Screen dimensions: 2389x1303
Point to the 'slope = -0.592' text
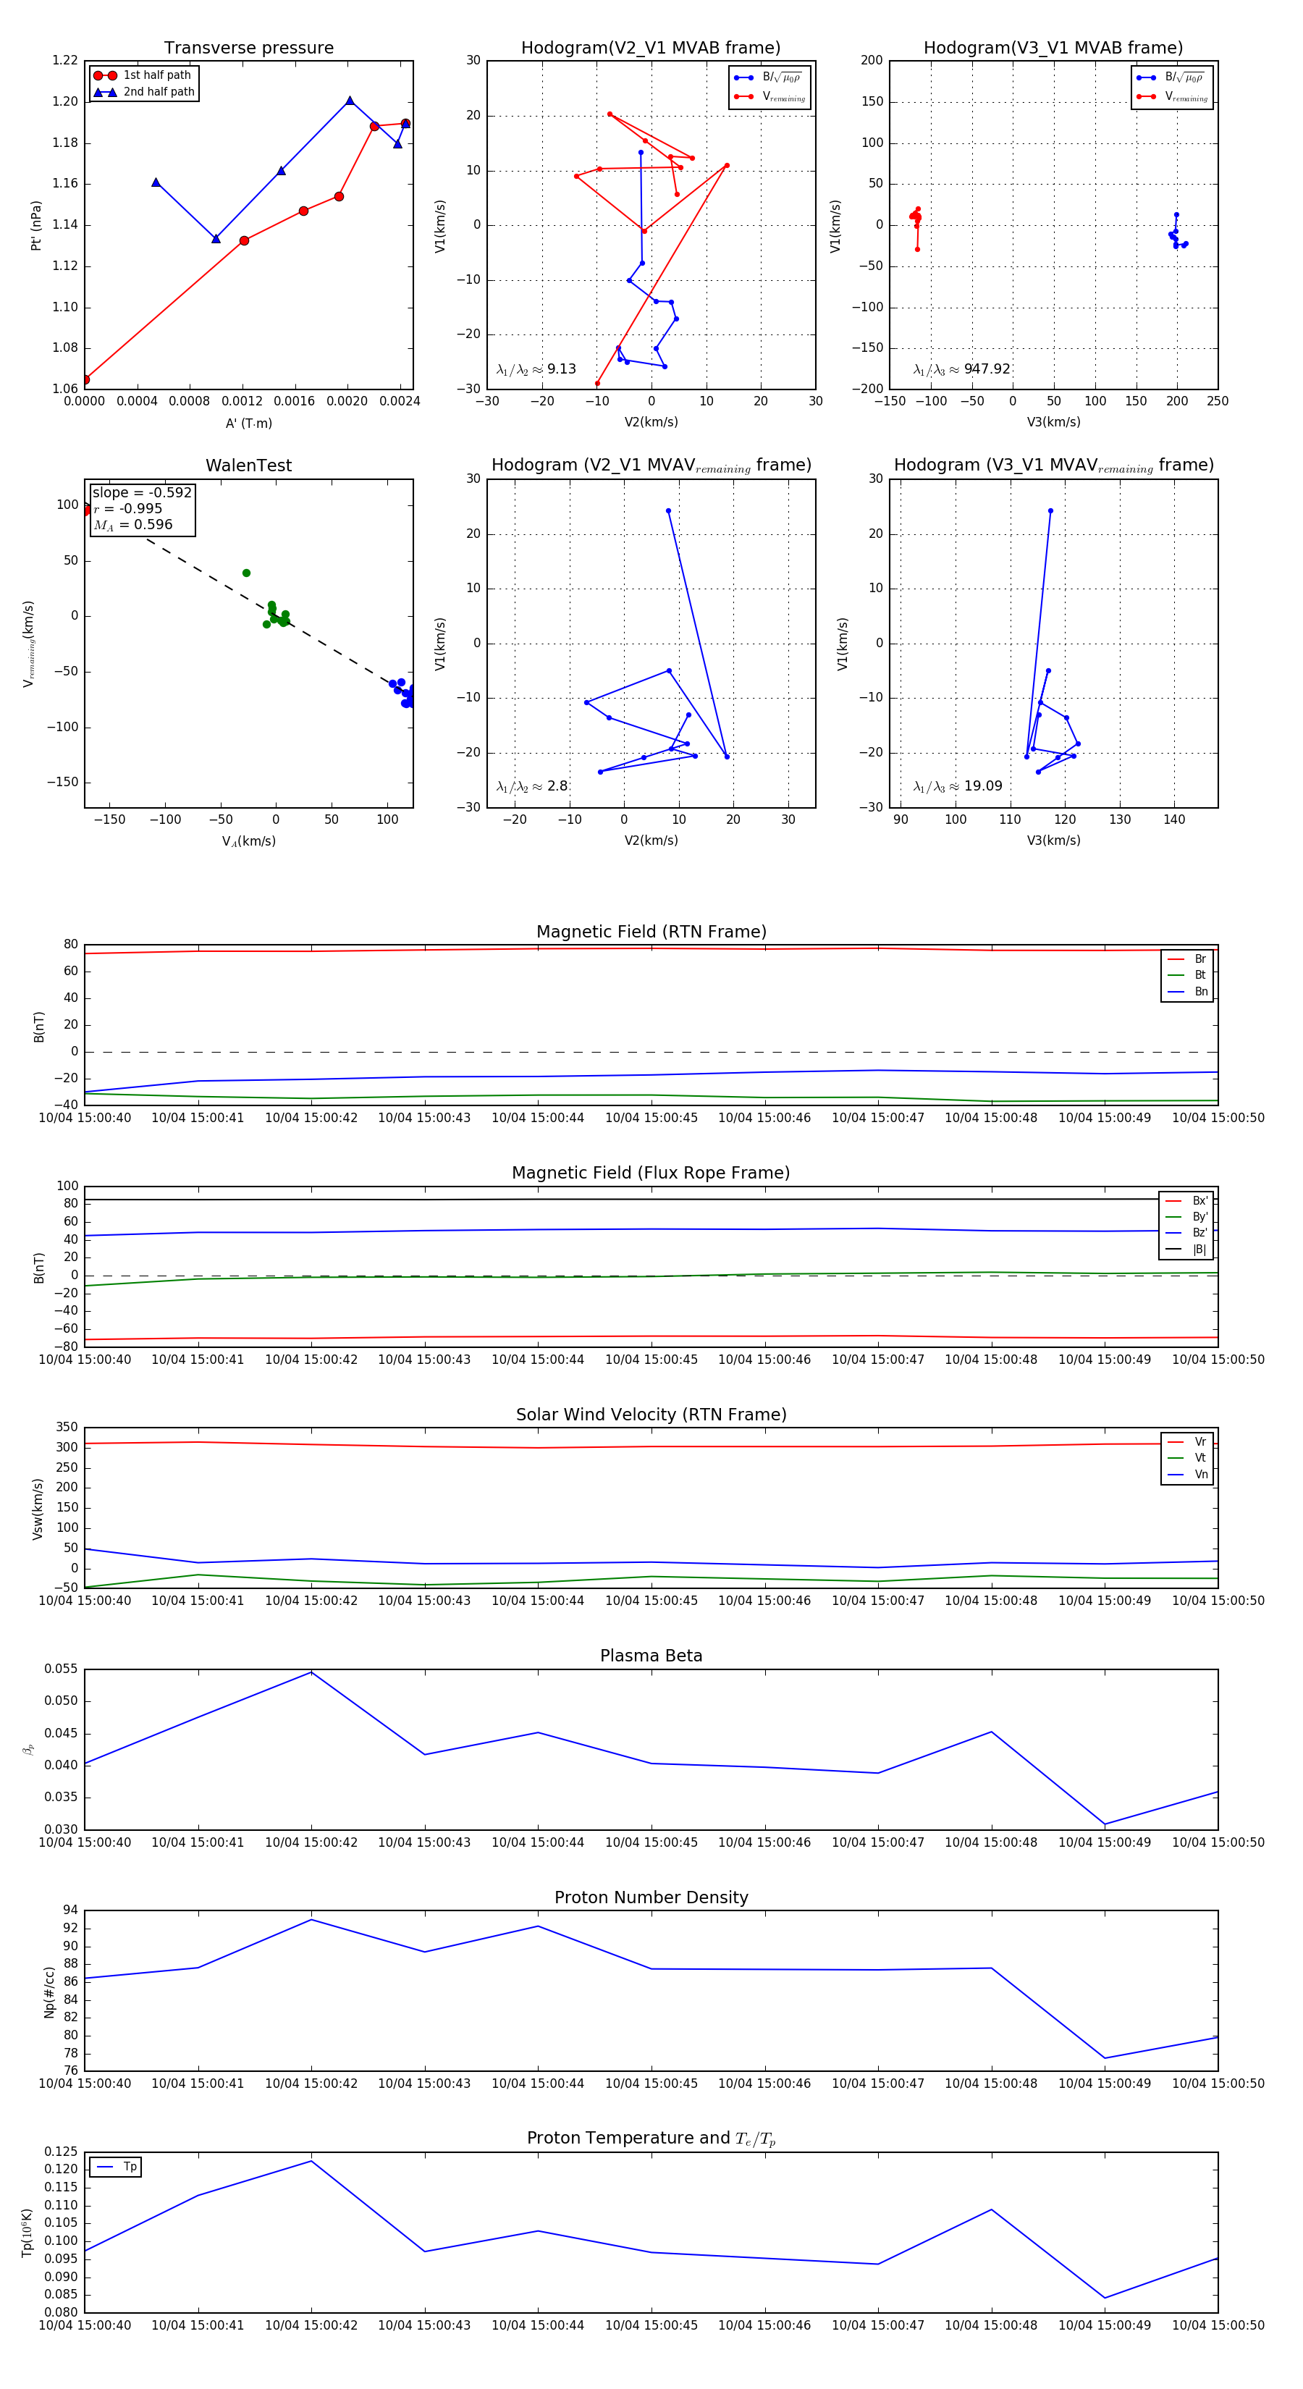pos(142,492)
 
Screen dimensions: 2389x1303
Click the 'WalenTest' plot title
pos(248,465)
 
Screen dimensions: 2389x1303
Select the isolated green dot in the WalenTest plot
pos(246,573)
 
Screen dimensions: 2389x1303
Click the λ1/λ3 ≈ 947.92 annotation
pos(962,369)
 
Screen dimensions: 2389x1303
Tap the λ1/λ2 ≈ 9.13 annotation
pos(536,369)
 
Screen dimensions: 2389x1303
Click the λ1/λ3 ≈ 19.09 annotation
pos(958,786)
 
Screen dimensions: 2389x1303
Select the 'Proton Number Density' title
pos(651,1897)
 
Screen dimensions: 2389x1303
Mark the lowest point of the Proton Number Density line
pos(1105,2058)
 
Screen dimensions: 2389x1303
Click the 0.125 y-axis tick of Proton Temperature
pos(62,2152)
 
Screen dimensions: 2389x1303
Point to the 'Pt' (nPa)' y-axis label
pos(36,225)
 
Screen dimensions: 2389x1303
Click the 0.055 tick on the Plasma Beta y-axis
pos(62,1669)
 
